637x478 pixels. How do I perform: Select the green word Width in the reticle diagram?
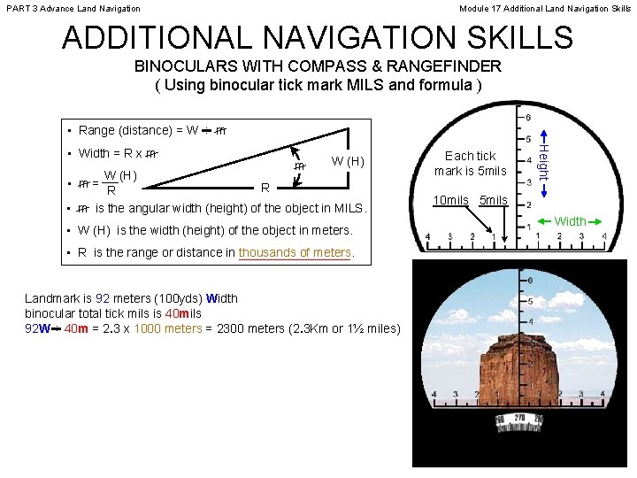click(571, 221)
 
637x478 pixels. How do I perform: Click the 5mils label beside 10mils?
click(493, 200)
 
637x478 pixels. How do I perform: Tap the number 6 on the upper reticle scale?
click(528, 119)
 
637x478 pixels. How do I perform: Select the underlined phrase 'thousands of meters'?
click(295, 252)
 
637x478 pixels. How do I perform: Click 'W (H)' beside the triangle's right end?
click(347, 161)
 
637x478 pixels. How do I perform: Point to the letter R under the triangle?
click(265, 188)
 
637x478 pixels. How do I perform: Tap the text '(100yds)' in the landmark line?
click(178, 298)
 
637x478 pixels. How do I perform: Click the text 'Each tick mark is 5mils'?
click(470, 163)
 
